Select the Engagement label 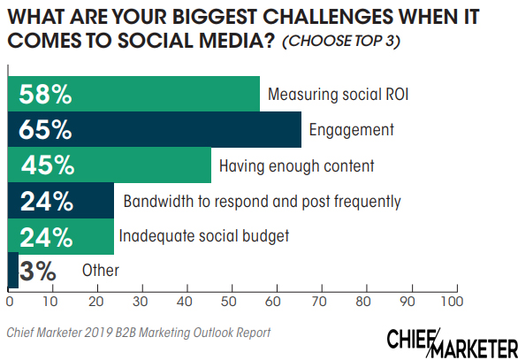click(x=350, y=130)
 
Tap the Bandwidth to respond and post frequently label click(x=262, y=201)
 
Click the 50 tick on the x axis click(x=230, y=303)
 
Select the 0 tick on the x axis click(x=10, y=303)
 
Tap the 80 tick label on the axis click(x=363, y=303)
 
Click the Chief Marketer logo click(x=452, y=340)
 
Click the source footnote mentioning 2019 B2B click(x=138, y=333)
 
